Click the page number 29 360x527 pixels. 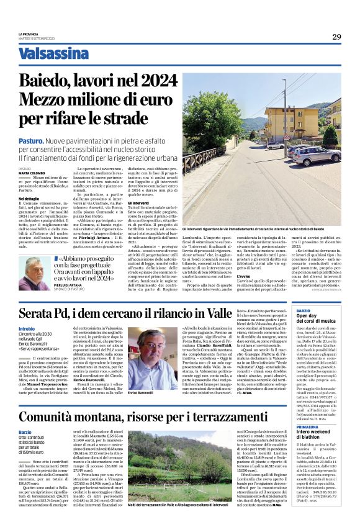[336, 37]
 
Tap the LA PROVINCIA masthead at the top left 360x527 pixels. [28, 34]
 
